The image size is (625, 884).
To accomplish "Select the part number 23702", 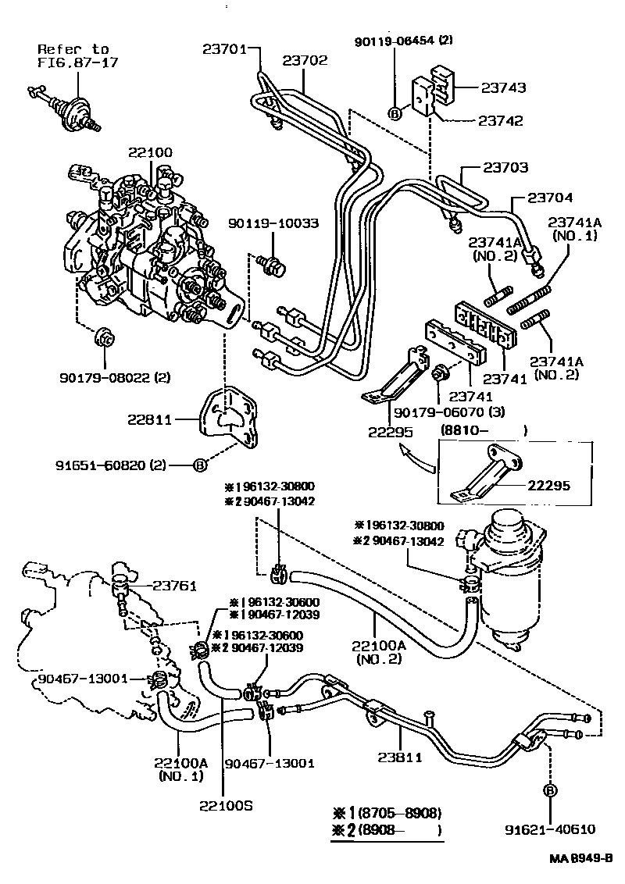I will pos(305,60).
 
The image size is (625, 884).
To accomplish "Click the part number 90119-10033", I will pos(273,223).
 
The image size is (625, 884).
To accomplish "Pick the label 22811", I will pos(151,419).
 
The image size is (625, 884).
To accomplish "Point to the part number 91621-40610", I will pos(550,830).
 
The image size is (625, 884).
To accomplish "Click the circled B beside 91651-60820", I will pos(199,466).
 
